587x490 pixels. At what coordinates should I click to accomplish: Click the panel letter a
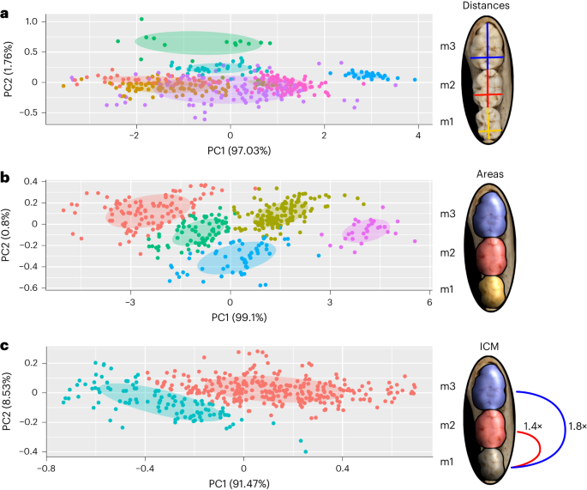tap(4, 14)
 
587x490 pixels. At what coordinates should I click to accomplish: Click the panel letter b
tap(5, 178)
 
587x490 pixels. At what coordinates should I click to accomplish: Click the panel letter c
tap(4, 345)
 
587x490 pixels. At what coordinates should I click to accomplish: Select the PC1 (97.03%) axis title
tap(239, 151)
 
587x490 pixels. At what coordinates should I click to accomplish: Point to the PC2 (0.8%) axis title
tap(6, 235)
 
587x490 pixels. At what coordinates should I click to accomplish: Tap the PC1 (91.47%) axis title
tap(239, 484)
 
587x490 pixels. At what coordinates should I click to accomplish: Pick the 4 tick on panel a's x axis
tap(418, 135)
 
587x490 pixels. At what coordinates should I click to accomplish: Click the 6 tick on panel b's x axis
tap(429, 302)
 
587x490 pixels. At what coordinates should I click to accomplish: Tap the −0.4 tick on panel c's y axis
tap(30, 451)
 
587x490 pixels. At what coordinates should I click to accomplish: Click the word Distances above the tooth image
tap(486, 5)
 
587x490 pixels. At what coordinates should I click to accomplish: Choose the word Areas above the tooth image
tap(489, 174)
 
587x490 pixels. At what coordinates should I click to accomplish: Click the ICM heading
tap(489, 347)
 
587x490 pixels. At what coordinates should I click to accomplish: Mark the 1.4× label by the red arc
tap(533, 426)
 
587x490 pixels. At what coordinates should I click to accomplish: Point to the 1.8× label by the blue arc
tap(577, 426)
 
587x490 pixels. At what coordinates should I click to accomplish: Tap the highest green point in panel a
tap(141, 19)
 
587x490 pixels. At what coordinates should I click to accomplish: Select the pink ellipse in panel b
tap(366, 230)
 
